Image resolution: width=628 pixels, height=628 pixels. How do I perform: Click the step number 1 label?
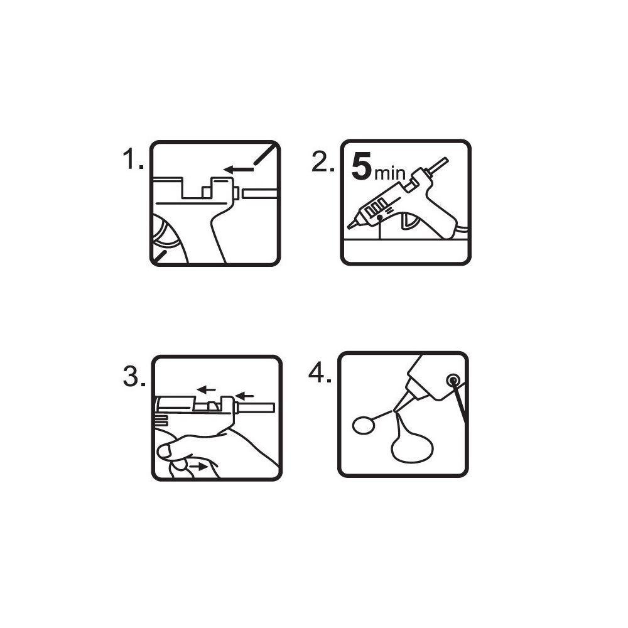[133, 159]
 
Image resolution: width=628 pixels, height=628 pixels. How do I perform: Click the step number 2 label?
[323, 162]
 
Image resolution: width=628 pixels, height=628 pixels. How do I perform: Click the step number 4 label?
[320, 373]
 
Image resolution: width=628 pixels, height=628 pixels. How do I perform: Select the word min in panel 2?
[390, 173]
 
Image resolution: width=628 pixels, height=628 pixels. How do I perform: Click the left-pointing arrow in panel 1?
[239, 170]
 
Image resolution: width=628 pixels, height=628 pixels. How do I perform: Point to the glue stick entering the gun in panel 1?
[258, 194]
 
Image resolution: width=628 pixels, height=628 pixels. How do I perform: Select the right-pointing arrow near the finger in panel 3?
[198, 467]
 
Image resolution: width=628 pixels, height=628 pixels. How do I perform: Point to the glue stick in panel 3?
[256, 408]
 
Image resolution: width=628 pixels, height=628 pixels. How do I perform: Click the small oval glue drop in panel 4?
[364, 425]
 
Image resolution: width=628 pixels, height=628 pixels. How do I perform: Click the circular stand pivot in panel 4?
[453, 379]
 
